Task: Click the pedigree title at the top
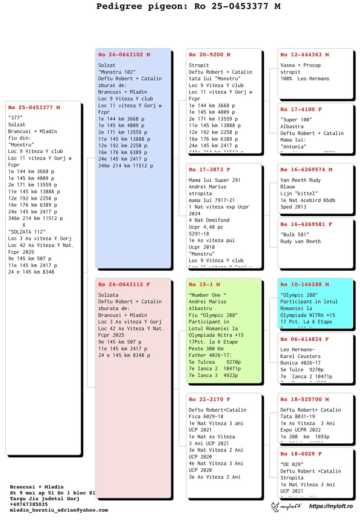pyautogui.click(x=188, y=6)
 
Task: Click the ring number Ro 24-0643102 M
pyautogui.click(x=124, y=55)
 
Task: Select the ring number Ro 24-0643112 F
pyautogui.click(x=124, y=285)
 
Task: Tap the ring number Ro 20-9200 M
pyautogui.click(x=209, y=55)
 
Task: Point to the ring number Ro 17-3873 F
pyautogui.click(x=209, y=170)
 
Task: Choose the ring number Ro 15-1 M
pyautogui.click(x=204, y=285)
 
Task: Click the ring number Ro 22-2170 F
pyautogui.click(x=209, y=399)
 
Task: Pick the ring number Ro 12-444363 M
pyautogui.click(x=304, y=55)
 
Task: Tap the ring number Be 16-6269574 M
pyautogui.click(x=306, y=170)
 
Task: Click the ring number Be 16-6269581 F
pyautogui.click(x=306, y=224)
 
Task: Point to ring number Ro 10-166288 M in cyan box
pyautogui.click(x=304, y=285)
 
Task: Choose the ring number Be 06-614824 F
pyautogui.click(x=304, y=339)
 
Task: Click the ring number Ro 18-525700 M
pyautogui.click(x=304, y=399)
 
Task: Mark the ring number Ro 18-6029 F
pyautogui.click(x=301, y=454)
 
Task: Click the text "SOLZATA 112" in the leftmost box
pyautogui.click(x=27, y=232)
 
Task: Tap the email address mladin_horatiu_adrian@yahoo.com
pyautogui.click(x=59, y=510)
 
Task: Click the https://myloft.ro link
pyautogui.click(x=331, y=507)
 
